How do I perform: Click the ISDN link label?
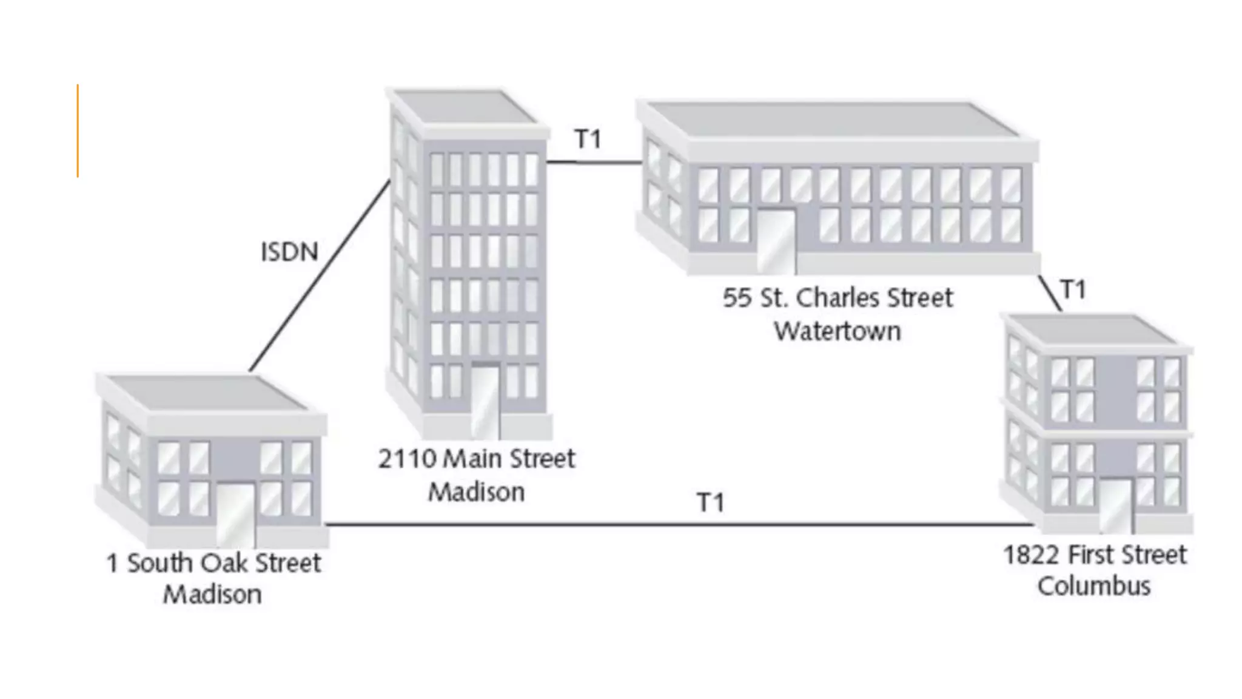289,252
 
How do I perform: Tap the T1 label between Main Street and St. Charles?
588,140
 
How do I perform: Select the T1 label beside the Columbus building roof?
1073,289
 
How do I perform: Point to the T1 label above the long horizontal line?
711,502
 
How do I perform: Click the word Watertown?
838,331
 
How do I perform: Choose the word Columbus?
1094,586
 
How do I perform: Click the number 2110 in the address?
407,459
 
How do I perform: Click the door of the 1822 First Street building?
1115,505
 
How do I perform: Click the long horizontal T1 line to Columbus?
667,524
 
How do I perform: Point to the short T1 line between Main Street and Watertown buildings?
594,162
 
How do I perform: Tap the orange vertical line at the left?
78,130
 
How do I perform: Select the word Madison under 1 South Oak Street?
212,595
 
